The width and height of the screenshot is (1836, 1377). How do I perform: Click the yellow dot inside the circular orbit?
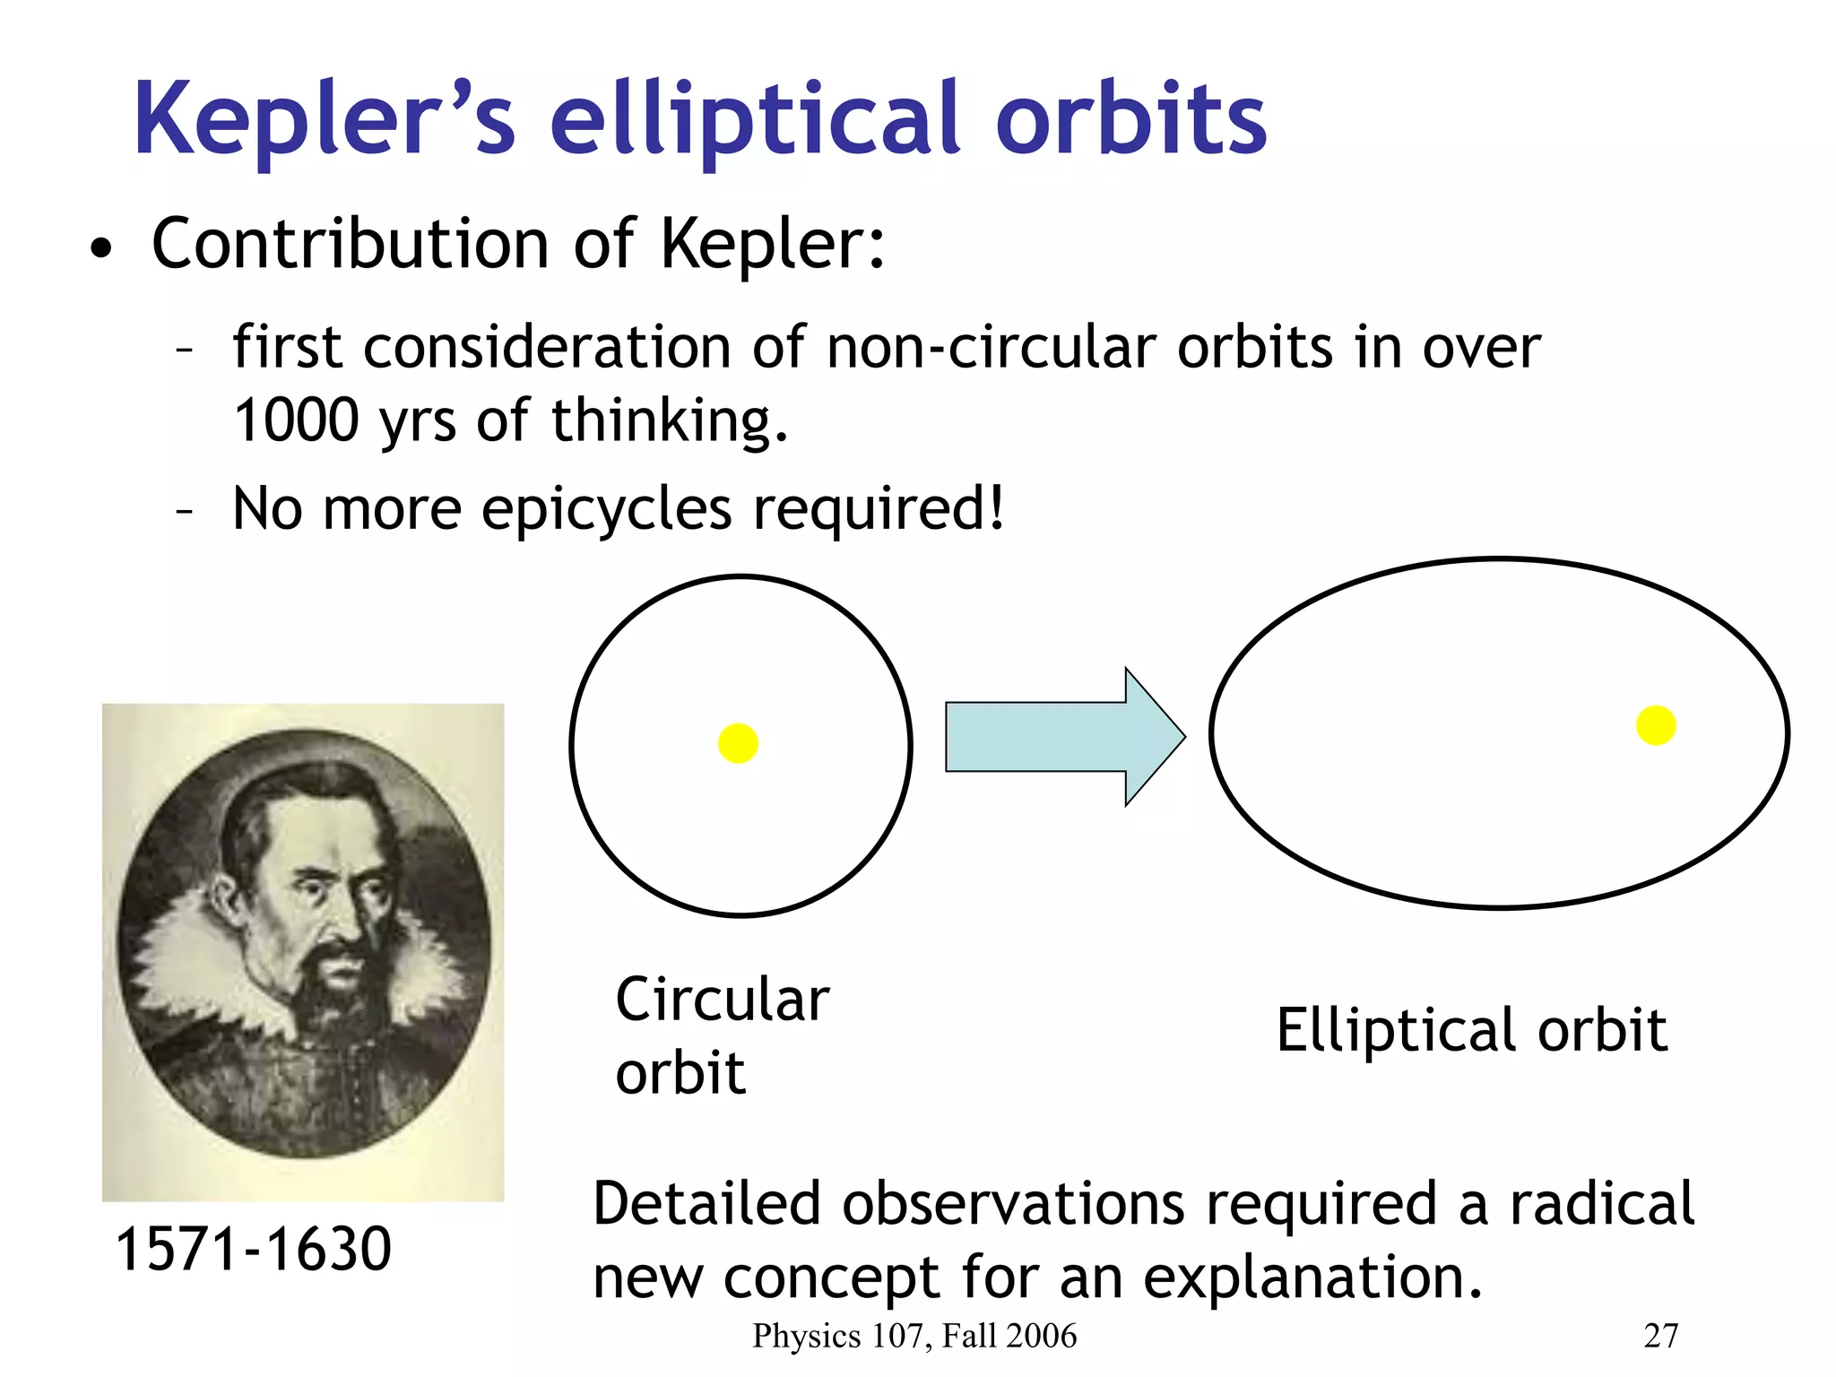(738, 743)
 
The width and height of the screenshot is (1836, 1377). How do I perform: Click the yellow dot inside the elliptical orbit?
(1655, 725)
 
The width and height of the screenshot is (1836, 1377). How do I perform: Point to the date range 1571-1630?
(254, 1249)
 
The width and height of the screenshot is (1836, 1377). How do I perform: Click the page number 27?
(1660, 1336)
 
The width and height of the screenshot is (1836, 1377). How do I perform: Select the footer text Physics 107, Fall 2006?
(914, 1336)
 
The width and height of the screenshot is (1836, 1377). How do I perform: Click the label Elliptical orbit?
(1471, 1030)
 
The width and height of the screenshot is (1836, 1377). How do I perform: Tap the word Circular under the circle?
(722, 1000)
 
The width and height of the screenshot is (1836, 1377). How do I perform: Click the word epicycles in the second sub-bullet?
(606, 509)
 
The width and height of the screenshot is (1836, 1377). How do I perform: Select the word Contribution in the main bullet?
(350, 244)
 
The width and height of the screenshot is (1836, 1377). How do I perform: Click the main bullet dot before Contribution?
(101, 249)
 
